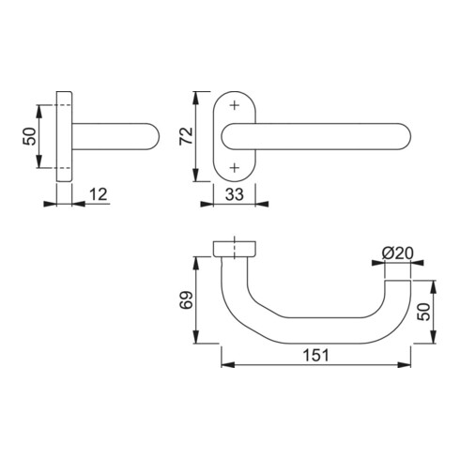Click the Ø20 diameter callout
398,253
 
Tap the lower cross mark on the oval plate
233,167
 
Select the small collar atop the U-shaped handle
234,247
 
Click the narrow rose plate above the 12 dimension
65,136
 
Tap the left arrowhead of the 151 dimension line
223,366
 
